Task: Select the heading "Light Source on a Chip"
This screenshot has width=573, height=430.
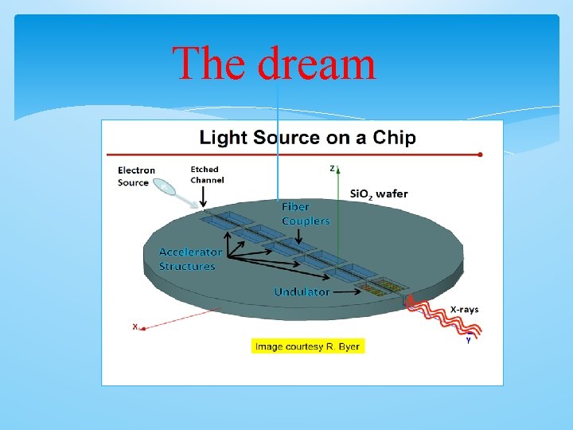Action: click(x=307, y=138)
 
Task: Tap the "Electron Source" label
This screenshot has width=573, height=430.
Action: click(x=136, y=176)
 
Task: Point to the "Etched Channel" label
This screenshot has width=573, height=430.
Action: click(x=207, y=174)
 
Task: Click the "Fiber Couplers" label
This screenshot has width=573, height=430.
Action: click(x=306, y=213)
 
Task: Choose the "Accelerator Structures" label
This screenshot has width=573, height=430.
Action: click(x=190, y=259)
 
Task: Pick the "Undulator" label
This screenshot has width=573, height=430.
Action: click(x=302, y=292)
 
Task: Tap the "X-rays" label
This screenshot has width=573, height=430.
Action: click(x=464, y=309)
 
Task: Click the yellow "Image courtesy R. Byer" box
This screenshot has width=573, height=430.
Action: click(x=308, y=346)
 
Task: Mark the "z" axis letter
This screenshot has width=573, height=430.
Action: click(x=332, y=168)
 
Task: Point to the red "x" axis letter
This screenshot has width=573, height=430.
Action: click(x=136, y=326)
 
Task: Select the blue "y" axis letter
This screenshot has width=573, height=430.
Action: click(x=468, y=340)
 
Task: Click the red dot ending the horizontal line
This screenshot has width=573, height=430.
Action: click(x=480, y=154)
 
